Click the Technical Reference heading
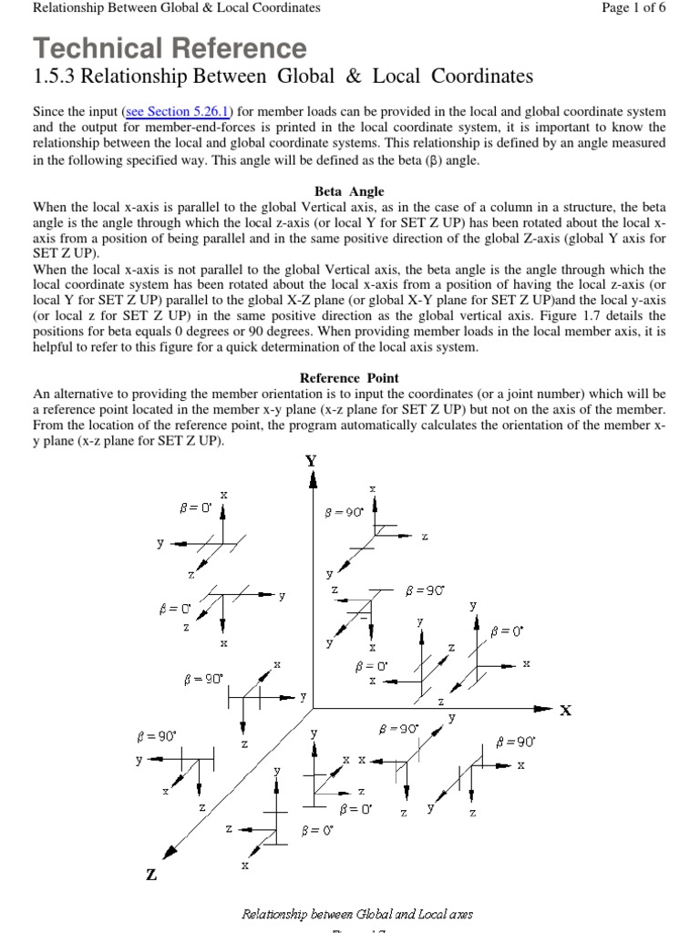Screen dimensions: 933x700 point(170,47)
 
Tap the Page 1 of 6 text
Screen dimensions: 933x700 point(634,8)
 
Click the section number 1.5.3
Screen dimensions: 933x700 point(59,77)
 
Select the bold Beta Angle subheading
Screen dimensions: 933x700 point(349,191)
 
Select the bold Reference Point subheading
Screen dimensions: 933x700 point(349,377)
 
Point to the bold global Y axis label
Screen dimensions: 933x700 point(312,461)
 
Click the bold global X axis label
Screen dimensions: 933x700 point(565,711)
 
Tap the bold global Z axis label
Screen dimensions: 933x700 point(150,875)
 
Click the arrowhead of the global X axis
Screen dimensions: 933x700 point(545,708)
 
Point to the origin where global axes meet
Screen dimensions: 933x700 point(313,708)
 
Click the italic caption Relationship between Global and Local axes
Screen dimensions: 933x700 point(356,913)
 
